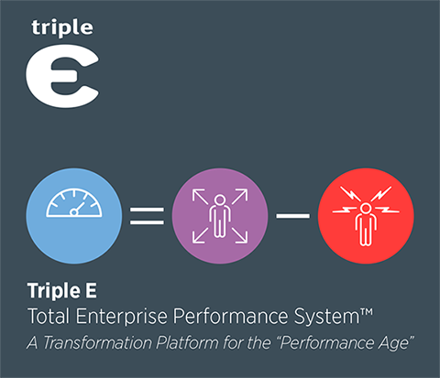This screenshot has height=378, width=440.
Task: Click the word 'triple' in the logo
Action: click(62, 28)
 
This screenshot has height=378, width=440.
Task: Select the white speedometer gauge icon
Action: click(73, 203)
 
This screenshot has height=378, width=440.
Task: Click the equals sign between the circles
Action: click(147, 216)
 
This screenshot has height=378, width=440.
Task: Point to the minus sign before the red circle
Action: click(293, 216)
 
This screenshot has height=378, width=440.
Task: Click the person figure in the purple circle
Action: click(220, 216)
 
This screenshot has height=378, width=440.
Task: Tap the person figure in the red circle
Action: click(366, 224)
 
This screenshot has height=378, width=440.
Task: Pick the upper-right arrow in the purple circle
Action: click(240, 196)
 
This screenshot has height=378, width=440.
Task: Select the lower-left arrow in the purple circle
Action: click(200, 236)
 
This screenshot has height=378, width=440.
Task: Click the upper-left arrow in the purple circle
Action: click(200, 197)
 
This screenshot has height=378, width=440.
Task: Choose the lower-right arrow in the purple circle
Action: click(240, 236)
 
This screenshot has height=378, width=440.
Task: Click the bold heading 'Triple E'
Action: click(62, 291)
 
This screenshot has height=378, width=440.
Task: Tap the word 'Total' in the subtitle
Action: click(49, 316)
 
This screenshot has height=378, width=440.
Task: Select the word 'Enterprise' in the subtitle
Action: click(122, 317)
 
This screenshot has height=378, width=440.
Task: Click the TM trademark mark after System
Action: click(367, 313)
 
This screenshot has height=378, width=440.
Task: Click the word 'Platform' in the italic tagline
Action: click(187, 342)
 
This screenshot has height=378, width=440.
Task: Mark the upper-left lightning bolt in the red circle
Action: click(350, 194)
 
